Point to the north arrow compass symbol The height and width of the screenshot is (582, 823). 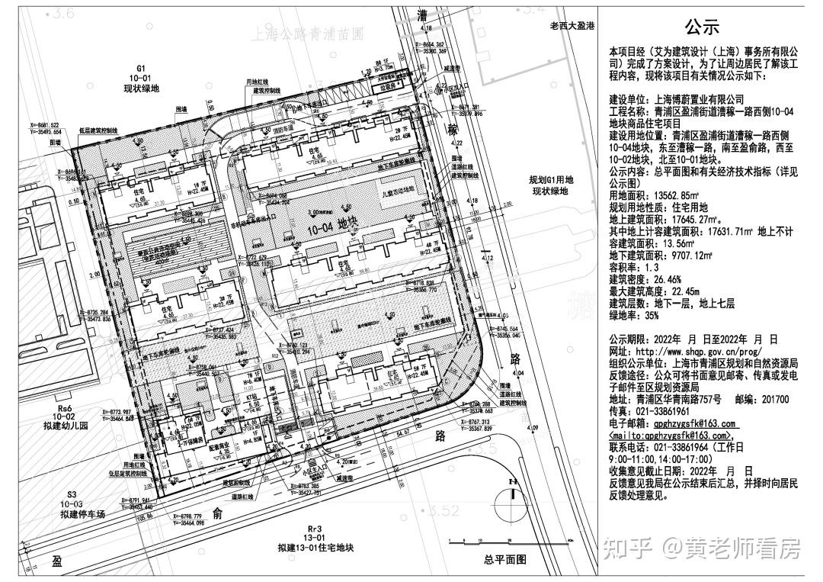(512, 505)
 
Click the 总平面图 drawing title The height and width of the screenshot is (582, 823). (504, 560)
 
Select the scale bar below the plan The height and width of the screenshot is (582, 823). (495, 542)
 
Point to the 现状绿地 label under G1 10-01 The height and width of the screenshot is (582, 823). (141, 88)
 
